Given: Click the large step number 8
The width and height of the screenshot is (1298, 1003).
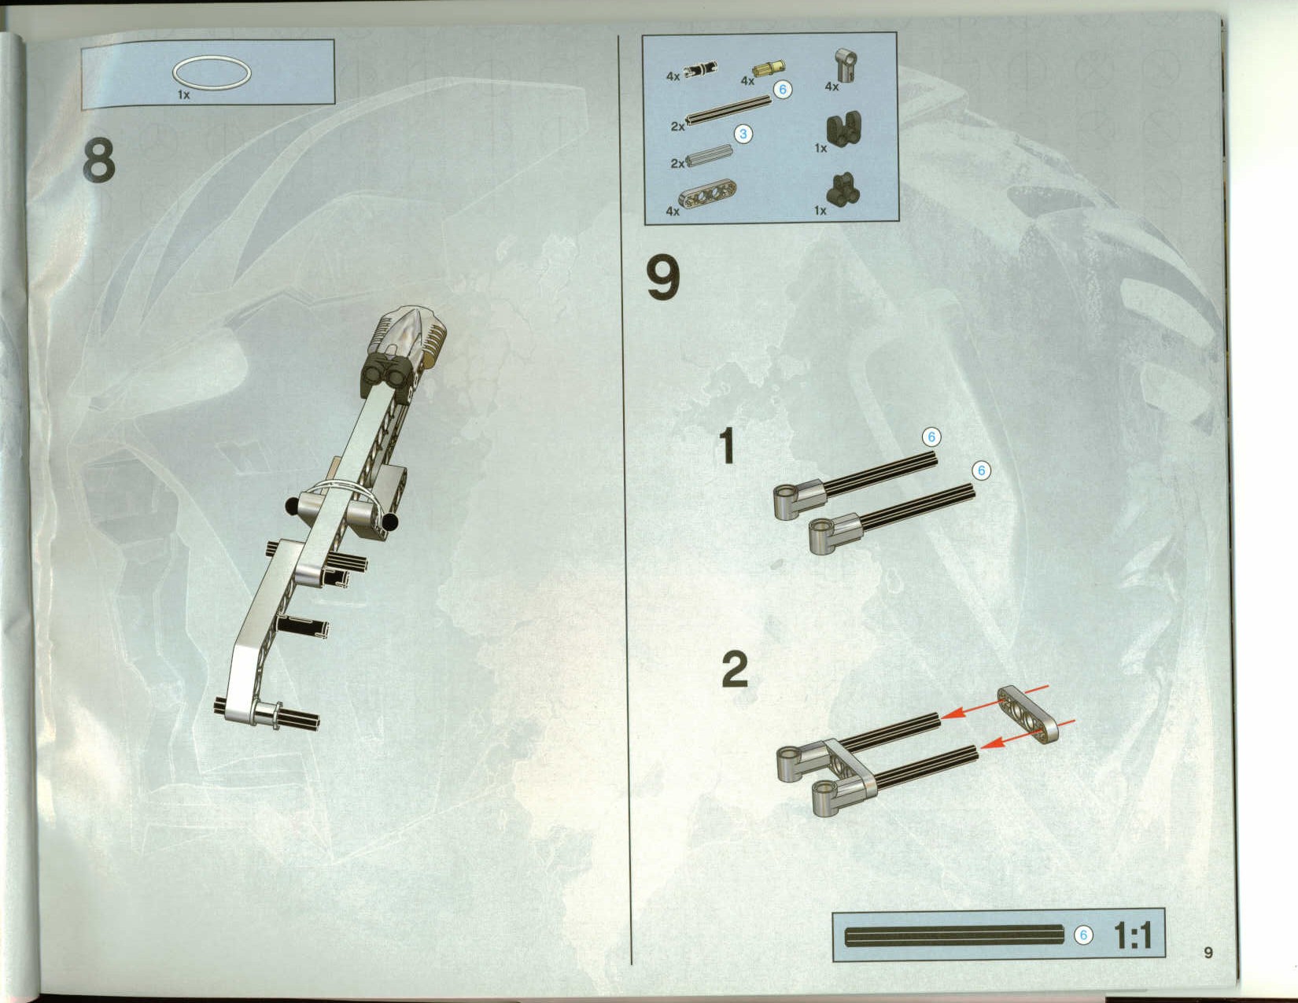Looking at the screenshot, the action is tap(98, 160).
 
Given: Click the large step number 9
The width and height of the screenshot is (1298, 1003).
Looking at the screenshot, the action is tap(663, 278).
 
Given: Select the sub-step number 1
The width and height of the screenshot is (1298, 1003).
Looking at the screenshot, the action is tap(727, 445).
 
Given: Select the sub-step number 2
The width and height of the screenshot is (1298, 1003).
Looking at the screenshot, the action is tap(735, 669).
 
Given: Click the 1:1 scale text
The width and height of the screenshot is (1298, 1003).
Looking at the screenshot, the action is tap(1133, 935).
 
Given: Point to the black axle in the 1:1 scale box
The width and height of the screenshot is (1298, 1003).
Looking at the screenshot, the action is tap(954, 935).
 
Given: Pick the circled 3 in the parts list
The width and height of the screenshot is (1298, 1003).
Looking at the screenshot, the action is tap(743, 134).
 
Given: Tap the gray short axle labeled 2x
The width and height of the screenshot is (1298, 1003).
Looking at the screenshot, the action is tap(709, 157).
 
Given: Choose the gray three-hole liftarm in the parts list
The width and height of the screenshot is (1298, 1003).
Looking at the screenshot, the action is tap(707, 195).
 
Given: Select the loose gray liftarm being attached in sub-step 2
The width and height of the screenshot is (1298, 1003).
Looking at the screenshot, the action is tap(1027, 714).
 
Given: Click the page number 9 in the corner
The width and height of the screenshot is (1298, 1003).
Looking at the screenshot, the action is tap(1208, 952).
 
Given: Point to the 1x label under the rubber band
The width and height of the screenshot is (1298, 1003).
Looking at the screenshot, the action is tap(183, 95).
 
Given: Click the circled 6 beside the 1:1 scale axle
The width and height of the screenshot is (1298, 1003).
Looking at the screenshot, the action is tap(1083, 935).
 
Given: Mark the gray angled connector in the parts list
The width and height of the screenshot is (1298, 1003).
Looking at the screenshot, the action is tap(846, 65).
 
